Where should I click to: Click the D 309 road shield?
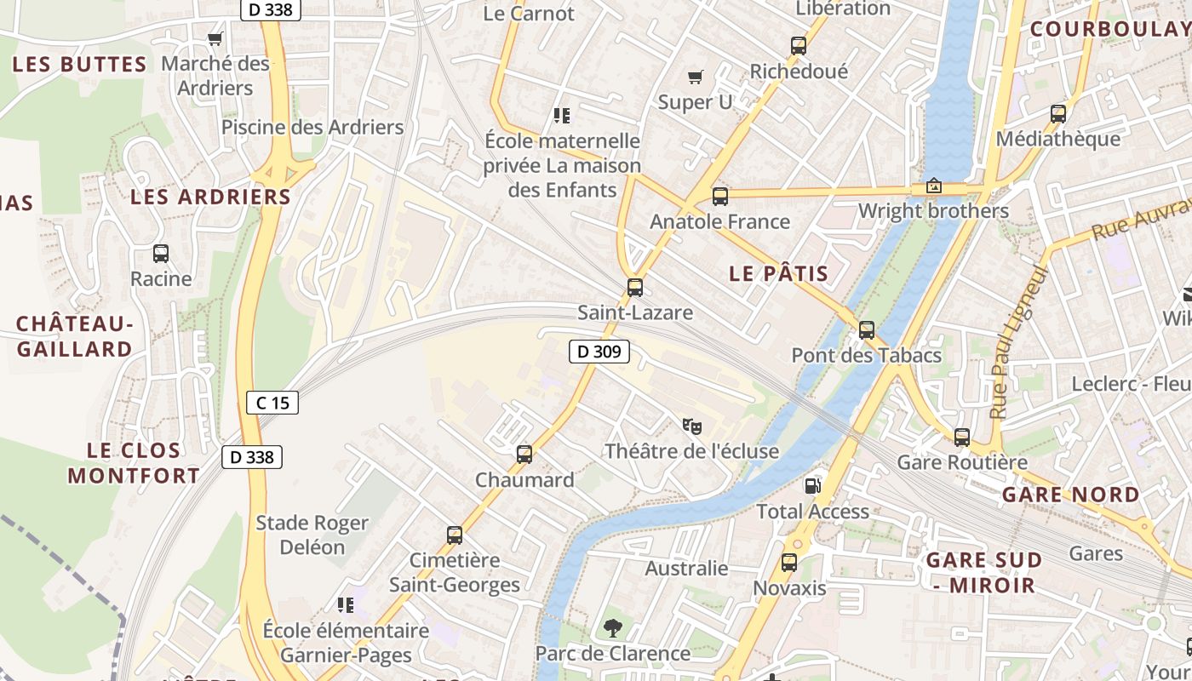[599, 351]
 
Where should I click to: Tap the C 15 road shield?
[272, 403]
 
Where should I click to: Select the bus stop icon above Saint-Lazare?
[634, 288]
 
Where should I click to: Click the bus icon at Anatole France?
[720, 197]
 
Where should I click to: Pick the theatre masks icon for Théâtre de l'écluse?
[691, 425]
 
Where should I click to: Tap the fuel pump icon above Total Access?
[813, 486]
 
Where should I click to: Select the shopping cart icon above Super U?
[696, 77]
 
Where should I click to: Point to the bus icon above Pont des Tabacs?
[867, 330]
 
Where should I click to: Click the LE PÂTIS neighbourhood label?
[779, 273]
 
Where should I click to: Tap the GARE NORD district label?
[1070, 495]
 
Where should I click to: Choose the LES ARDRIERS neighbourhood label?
[210, 197]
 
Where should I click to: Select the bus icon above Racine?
[161, 254]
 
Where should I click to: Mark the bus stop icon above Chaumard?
[524, 455]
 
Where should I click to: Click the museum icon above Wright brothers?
[934, 186]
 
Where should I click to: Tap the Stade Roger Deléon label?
[312, 535]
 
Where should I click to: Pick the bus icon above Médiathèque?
[1058, 114]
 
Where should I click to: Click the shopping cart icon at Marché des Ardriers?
[215, 38]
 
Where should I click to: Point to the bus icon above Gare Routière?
[962, 438]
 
